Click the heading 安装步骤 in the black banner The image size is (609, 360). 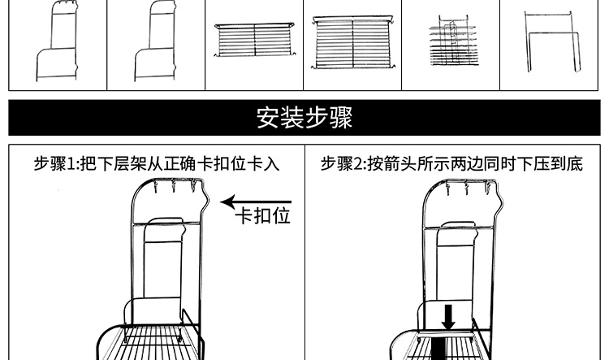coord(304,118)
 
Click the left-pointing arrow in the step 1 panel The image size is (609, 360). coord(255,202)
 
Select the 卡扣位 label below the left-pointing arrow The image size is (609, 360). coord(262,217)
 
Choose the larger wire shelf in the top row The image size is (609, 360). coord(354,41)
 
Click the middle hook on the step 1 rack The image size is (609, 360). coord(175,189)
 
